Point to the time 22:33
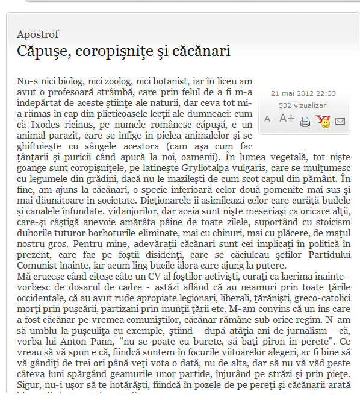coord(326,93)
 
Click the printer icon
coord(305,120)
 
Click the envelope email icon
coord(340,121)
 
